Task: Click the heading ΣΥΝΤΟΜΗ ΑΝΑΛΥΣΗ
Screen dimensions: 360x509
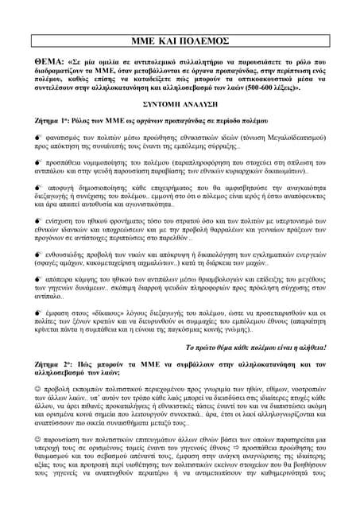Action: (x=180, y=105)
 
